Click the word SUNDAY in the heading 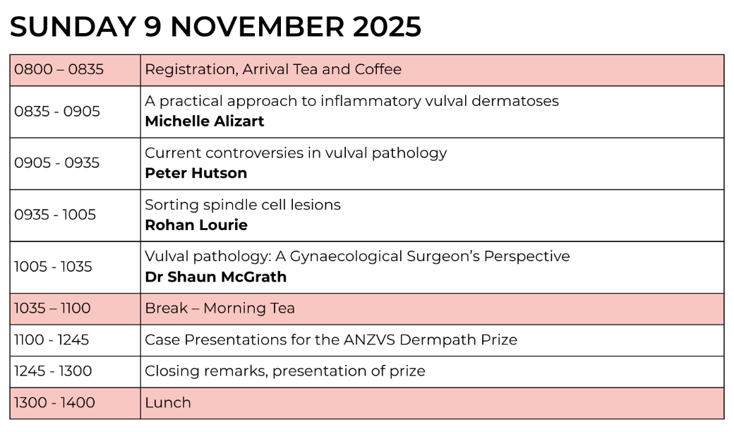click(73, 27)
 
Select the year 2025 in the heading click(387, 27)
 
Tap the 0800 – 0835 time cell click(59, 69)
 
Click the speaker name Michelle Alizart click(205, 121)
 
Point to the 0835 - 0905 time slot click(57, 112)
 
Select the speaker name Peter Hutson click(196, 173)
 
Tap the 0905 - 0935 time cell click(57, 163)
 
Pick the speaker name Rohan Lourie click(196, 225)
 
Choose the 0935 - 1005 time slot click(55, 215)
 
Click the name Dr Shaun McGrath click(216, 277)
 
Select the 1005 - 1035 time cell click(54, 267)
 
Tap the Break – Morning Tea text click(220, 308)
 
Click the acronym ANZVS click(370, 340)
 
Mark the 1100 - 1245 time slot click(52, 340)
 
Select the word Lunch click(168, 402)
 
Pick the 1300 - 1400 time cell click(55, 402)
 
